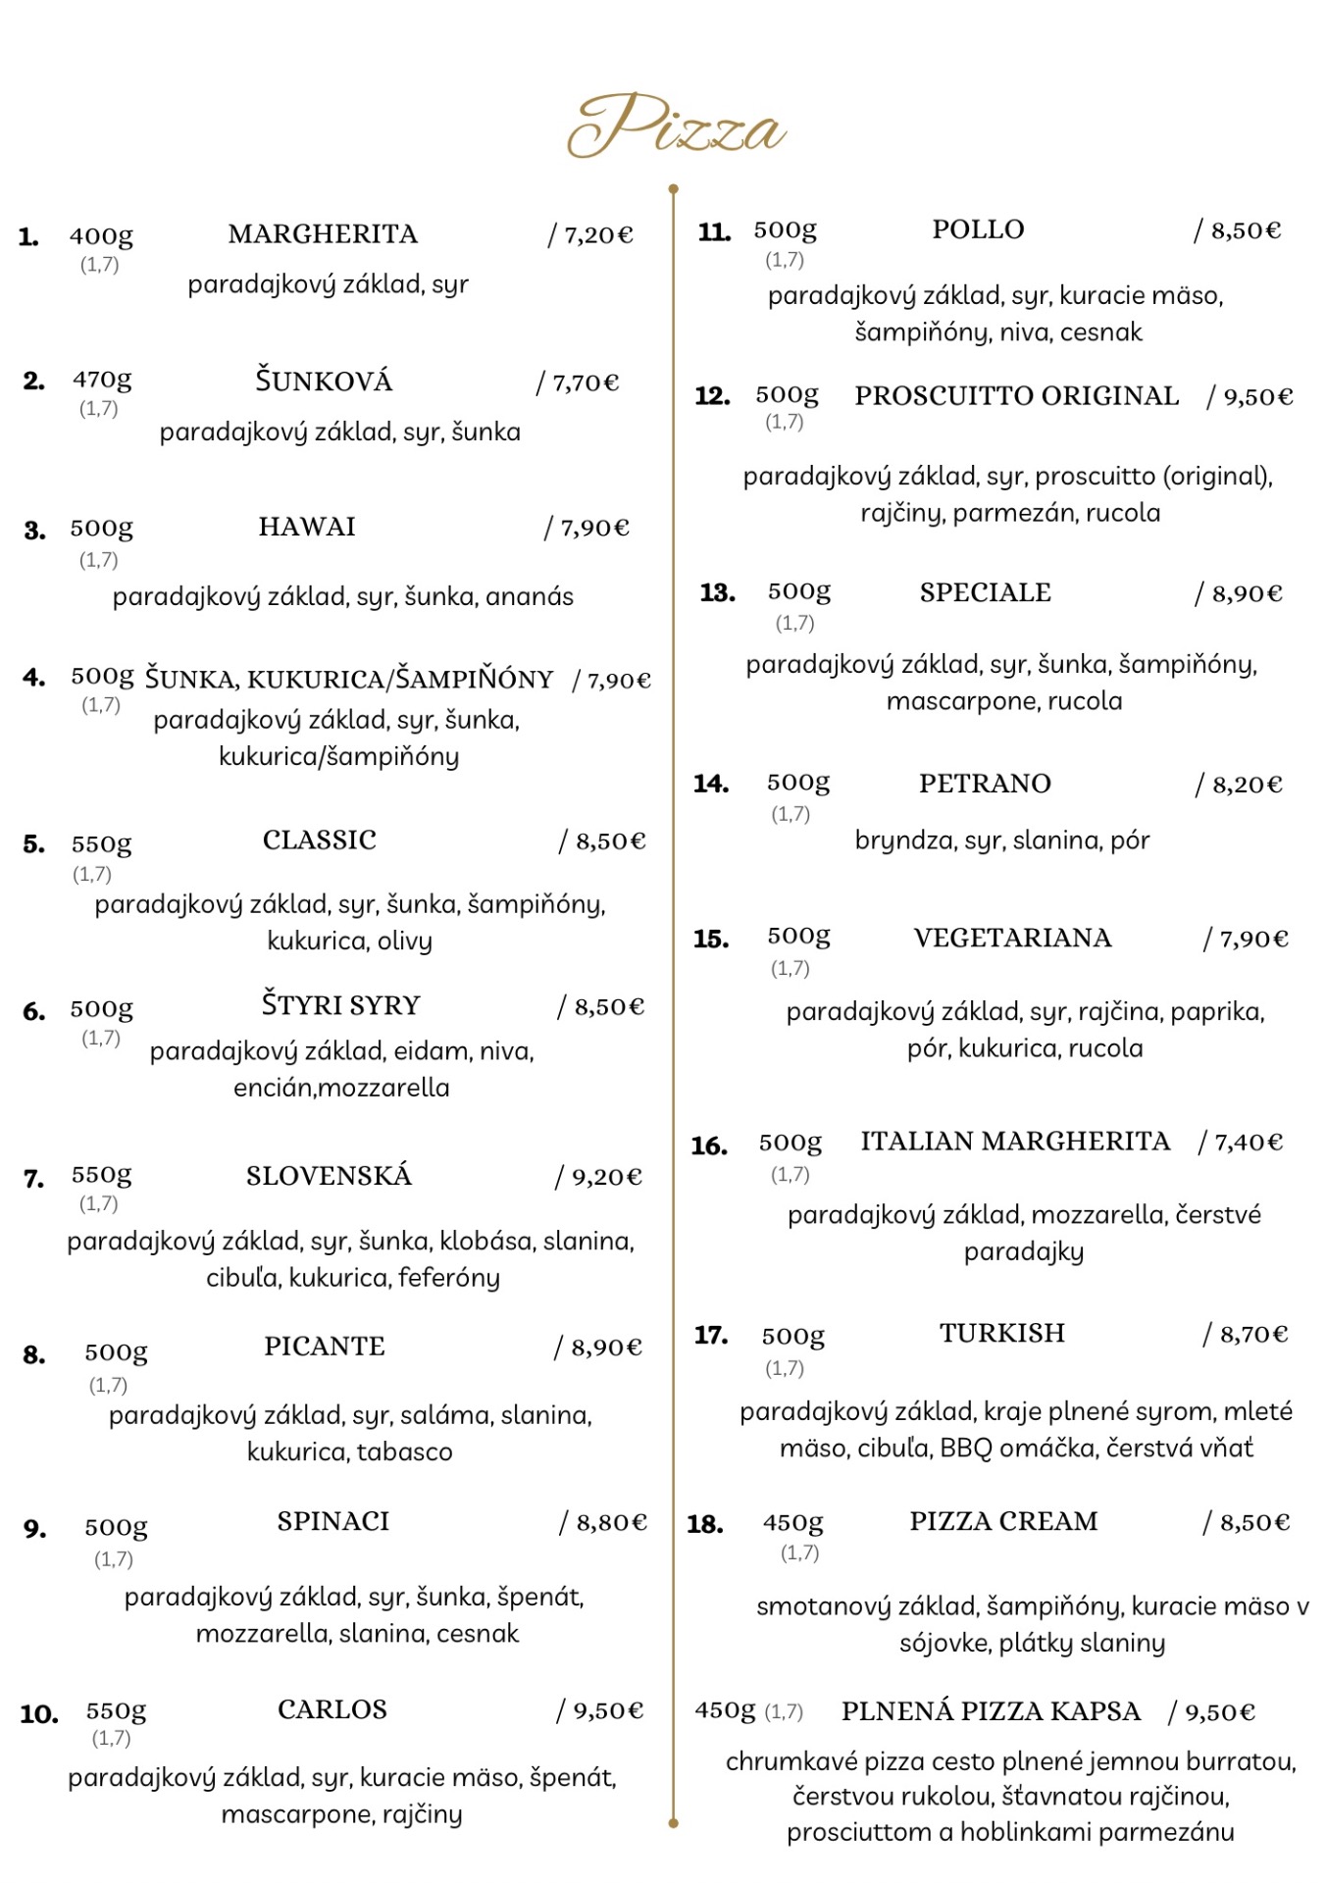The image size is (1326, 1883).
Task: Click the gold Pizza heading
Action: [x=677, y=127]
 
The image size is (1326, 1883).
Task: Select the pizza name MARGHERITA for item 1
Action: [x=323, y=234]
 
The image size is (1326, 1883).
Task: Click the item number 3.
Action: [x=34, y=531]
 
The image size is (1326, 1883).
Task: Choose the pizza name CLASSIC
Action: [x=319, y=840]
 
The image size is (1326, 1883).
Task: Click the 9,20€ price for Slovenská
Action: [x=605, y=1177]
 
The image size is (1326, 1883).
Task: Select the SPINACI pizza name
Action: [x=332, y=1521]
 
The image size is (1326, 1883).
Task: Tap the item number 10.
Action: [x=39, y=1714]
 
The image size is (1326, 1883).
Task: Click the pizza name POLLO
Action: [x=978, y=229]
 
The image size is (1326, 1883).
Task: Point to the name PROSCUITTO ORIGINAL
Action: [x=1016, y=396]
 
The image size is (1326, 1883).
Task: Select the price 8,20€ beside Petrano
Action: [x=1246, y=785]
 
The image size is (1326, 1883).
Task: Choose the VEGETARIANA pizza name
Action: [x=1012, y=939]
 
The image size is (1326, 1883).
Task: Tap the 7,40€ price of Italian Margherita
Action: [x=1248, y=1143]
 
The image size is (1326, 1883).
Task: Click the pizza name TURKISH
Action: [x=1001, y=1334]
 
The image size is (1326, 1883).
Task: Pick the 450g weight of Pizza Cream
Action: [x=792, y=1523]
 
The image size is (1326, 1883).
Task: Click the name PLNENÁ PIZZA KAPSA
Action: [x=991, y=1712]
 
